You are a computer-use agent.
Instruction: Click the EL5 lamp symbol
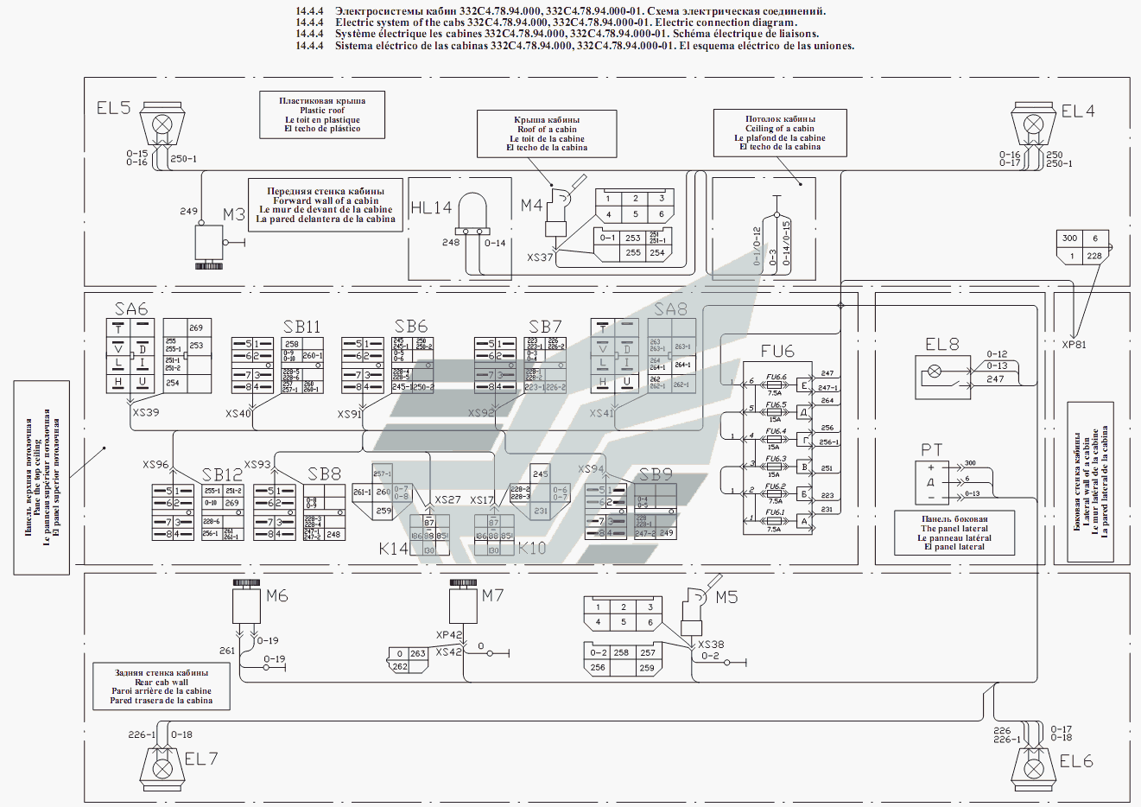coord(162,126)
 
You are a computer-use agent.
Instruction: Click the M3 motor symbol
coord(209,243)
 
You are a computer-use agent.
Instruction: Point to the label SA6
coord(131,309)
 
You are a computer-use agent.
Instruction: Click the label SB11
coord(301,327)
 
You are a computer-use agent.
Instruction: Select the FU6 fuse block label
coord(777,351)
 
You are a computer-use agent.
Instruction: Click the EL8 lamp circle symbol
coord(935,374)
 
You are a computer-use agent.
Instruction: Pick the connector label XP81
coord(1074,345)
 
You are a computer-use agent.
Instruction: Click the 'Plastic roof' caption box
coord(322,115)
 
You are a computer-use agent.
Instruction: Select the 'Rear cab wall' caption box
coord(162,687)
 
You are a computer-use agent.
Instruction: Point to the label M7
coord(492,595)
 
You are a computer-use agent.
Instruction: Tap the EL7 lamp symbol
coord(162,766)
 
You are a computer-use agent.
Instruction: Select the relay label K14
coord(393,549)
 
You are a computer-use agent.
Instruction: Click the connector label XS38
coord(711,645)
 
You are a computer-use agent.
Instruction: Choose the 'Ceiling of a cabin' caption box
coord(780,133)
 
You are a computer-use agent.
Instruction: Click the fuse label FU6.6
coord(776,378)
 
